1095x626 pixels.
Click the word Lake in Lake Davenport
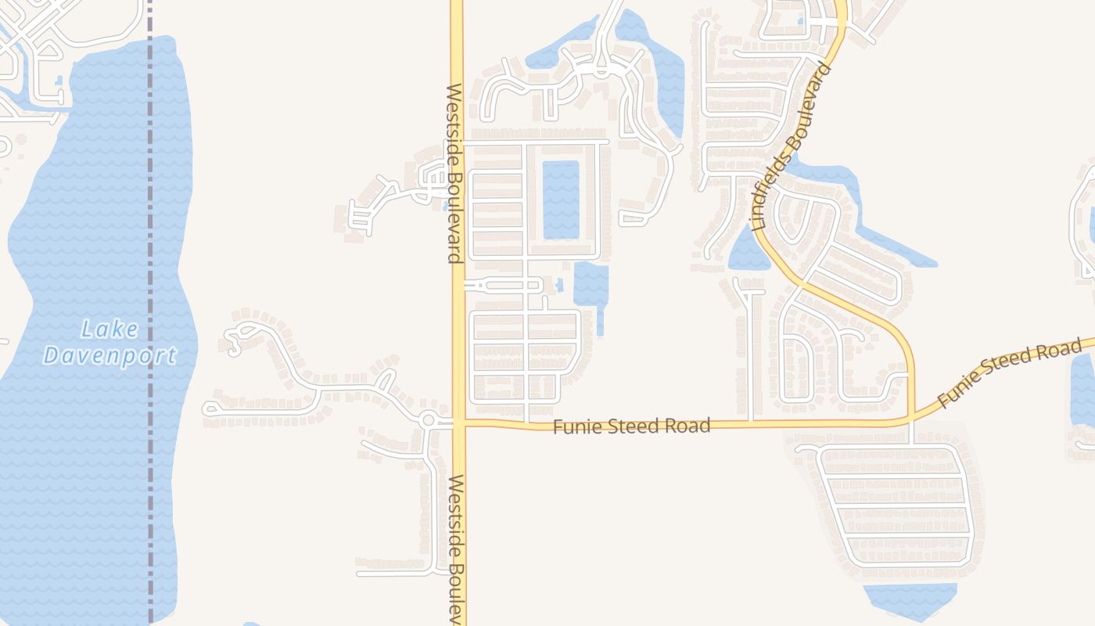(x=110, y=329)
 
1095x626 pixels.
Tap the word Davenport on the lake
(x=110, y=357)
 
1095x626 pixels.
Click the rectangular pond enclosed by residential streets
(x=561, y=200)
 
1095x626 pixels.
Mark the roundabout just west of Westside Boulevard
(x=427, y=420)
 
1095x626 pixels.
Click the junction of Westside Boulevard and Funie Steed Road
(x=458, y=424)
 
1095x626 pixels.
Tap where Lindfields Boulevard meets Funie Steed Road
(x=911, y=420)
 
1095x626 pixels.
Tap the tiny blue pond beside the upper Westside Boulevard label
(x=444, y=207)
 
